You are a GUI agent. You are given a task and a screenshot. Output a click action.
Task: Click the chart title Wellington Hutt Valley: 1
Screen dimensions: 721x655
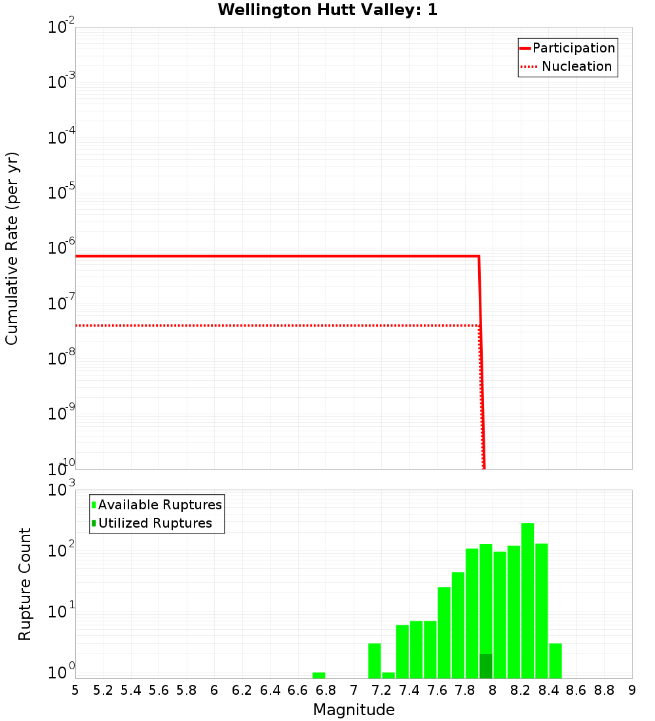click(x=327, y=10)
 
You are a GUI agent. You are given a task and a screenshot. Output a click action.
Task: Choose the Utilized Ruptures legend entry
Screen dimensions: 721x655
click(x=155, y=523)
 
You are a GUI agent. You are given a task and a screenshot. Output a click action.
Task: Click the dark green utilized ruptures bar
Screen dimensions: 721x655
click(x=485, y=666)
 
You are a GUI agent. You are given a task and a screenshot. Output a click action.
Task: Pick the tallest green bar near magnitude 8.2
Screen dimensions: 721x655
click(x=527, y=600)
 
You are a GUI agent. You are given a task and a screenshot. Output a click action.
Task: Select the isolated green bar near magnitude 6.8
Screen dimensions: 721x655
click(x=319, y=675)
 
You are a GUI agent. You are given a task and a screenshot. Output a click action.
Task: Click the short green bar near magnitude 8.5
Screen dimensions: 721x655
click(x=555, y=661)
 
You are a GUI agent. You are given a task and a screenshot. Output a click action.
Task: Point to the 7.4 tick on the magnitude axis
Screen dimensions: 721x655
click(x=409, y=690)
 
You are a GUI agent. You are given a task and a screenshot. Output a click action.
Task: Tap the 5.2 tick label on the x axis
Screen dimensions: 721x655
click(x=103, y=690)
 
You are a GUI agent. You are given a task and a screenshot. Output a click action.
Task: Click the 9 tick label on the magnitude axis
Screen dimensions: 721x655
click(x=631, y=690)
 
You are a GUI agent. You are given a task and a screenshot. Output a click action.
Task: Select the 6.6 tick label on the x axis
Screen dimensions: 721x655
click(x=298, y=690)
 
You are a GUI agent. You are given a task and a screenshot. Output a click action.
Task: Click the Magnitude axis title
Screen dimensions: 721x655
click(x=354, y=710)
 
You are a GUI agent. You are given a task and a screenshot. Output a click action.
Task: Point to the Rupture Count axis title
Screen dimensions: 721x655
click(x=25, y=583)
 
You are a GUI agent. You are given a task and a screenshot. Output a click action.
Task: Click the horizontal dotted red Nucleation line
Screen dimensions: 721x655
click(x=262, y=325)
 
